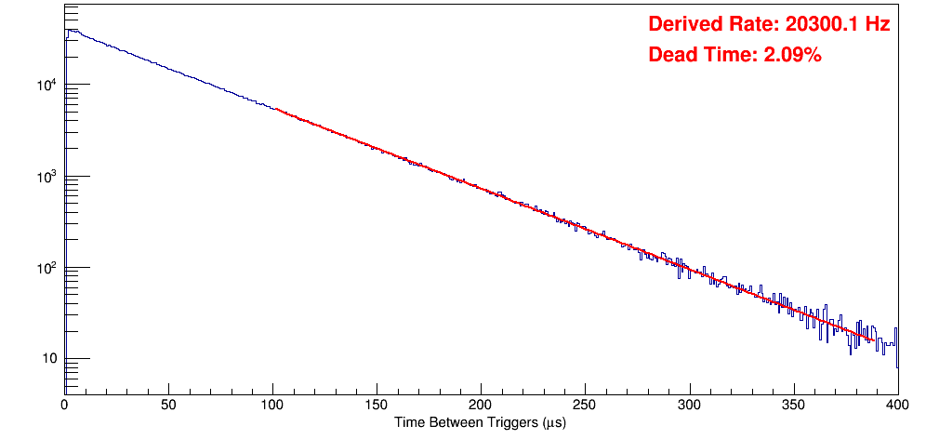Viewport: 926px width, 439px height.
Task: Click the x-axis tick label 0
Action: tap(64, 405)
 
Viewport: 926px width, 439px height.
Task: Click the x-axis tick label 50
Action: tap(168, 405)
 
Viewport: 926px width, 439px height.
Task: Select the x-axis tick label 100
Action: tap(272, 405)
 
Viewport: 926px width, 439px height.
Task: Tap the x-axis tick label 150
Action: tap(377, 405)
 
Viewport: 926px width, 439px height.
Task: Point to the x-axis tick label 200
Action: tap(481, 405)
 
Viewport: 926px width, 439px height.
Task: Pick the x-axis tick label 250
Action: tap(585, 405)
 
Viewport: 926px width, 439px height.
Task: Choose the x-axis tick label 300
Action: tap(689, 405)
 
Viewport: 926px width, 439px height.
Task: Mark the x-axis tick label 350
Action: tap(793, 405)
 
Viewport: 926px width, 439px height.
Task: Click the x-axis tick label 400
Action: tap(896, 405)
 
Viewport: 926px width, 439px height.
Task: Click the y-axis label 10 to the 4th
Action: tap(46, 86)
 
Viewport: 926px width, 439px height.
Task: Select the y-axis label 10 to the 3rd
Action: tap(46, 177)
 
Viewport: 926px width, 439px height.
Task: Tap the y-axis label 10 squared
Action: tap(46, 268)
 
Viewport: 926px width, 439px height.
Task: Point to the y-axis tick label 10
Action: tap(50, 359)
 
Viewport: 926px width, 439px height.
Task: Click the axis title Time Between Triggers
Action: tap(480, 422)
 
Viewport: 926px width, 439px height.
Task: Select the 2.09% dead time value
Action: tap(792, 55)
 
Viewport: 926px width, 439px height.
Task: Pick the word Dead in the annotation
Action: tap(671, 55)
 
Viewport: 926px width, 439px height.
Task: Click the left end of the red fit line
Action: tap(275, 109)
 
